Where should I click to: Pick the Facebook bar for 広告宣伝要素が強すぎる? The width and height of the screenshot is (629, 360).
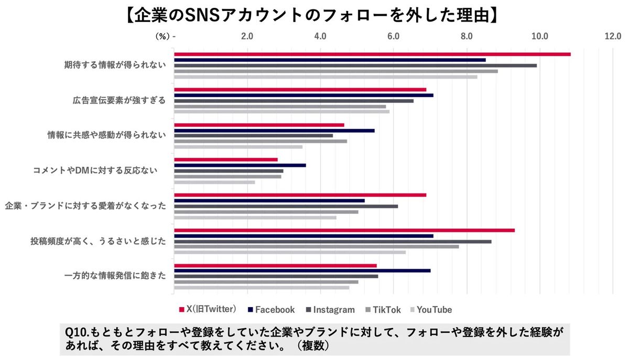click(303, 95)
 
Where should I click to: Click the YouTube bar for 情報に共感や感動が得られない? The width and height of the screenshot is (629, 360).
click(238, 147)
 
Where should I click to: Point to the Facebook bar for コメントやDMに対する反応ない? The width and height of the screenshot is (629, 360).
click(240, 165)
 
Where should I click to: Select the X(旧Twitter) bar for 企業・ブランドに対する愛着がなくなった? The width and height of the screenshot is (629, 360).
click(300, 195)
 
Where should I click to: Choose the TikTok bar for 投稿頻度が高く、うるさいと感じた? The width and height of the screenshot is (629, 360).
click(316, 246)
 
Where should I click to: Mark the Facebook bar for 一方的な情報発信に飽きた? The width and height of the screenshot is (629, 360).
click(302, 270)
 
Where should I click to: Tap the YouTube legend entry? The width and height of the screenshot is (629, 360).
click(433, 310)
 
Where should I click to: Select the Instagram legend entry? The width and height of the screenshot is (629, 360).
click(330, 310)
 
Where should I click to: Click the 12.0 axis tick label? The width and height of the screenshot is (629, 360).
click(613, 36)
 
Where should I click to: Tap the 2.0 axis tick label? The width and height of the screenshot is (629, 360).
click(247, 36)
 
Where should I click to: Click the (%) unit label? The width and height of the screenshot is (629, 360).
click(162, 36)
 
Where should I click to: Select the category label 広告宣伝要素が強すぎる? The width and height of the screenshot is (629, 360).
click(119, 101)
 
